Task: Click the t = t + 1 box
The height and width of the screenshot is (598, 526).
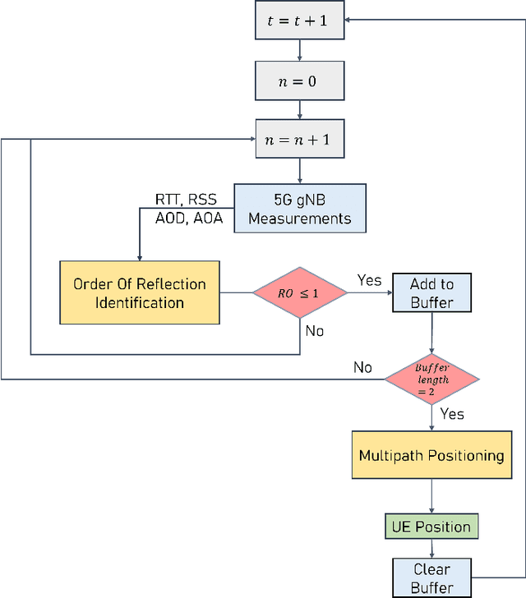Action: pos(299,21)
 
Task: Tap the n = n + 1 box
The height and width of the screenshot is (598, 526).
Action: pos(299,140)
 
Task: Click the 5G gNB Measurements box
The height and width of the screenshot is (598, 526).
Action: pos(299,208)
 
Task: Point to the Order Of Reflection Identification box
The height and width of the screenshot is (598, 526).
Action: pos(140,292)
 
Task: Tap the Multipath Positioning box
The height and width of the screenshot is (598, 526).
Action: pos(431,455)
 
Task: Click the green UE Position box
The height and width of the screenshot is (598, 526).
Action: pos(431,527)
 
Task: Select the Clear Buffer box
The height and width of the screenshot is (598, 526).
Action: pos(431,577)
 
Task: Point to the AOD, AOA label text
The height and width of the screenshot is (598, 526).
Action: pos(188,218)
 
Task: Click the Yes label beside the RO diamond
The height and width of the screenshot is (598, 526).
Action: pos(369,280)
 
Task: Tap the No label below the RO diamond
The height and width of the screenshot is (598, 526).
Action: pos(314,332)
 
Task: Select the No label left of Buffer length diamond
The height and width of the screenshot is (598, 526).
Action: pos(362,366)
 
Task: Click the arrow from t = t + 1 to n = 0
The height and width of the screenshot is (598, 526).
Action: pos(299,51)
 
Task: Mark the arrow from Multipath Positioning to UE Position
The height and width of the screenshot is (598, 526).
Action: pos(431,497)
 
